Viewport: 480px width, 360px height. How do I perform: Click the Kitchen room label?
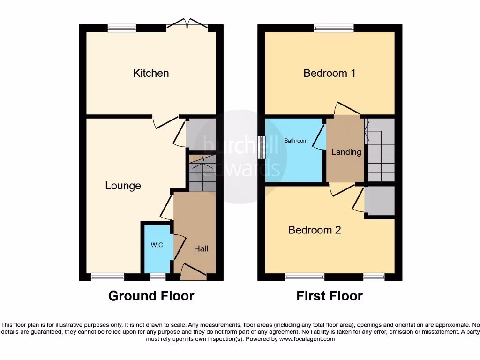point(151,73)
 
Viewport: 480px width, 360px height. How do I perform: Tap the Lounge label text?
point(123,186)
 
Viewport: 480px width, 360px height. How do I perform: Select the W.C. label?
point(157,245)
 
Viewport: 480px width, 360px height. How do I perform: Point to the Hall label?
point(201,249)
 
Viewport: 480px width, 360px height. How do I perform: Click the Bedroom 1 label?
point(329,73)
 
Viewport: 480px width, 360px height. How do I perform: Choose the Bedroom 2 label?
point(314,230)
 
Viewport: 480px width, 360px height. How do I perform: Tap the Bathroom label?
point(296,141)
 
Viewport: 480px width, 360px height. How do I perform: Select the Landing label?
point(346,152)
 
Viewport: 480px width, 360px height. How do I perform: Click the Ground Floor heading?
point(151,296)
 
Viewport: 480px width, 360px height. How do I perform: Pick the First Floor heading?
point(329,296)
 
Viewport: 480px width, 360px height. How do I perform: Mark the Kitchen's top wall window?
point(122,28)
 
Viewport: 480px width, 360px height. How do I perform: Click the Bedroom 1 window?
point(333,28)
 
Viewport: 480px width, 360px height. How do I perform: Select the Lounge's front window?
point(108,277)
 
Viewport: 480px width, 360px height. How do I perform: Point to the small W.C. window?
point(157,277)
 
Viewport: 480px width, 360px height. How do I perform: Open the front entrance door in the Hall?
point(193,272)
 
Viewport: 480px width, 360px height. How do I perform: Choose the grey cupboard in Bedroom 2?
point(380,202)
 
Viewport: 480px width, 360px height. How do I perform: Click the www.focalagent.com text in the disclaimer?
point(308,339)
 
